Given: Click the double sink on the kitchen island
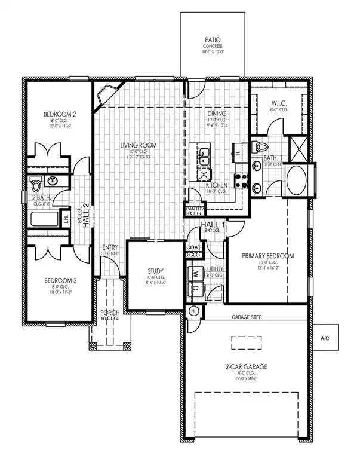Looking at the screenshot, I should [x=204, y=157].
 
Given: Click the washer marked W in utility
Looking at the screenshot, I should [x=196, y=275].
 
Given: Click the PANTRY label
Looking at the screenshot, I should [x=195, y=209].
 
